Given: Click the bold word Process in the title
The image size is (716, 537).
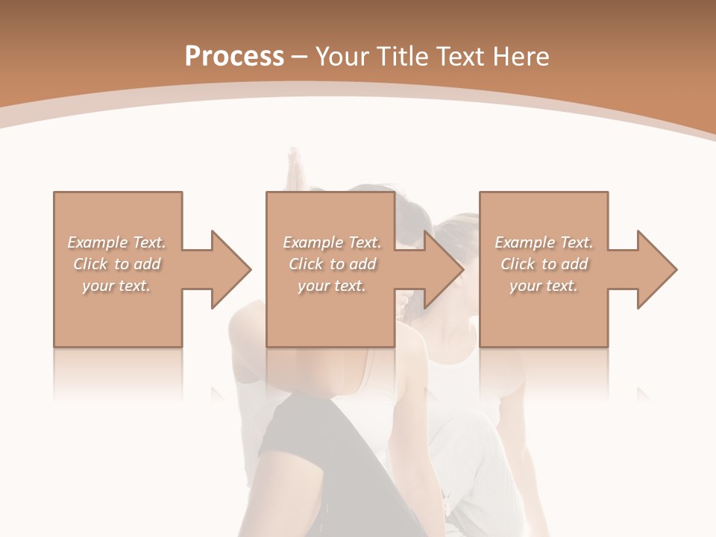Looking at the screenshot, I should click(234, 57).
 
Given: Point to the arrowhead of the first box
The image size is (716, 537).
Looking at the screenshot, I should click(231, 269).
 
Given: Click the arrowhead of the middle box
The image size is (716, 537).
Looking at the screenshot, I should click(444, 269).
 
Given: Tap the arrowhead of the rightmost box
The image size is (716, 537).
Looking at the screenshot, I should click(656, 269).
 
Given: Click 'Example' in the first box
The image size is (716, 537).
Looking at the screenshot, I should click(96, 242).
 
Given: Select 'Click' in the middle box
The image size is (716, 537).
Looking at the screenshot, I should click(305, 264).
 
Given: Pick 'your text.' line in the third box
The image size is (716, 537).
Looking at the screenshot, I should click(543, 286).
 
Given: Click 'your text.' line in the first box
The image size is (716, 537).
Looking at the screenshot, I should click(116, 286).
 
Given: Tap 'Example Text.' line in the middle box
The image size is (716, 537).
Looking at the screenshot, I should click(332, 242).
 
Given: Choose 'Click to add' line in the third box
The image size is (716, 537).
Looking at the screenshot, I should click(544, 264).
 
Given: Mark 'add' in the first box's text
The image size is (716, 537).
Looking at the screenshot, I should click(148, 264).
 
